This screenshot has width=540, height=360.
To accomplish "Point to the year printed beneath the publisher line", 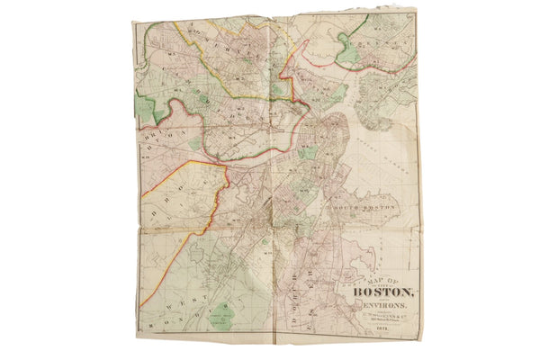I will [x=379, y=330].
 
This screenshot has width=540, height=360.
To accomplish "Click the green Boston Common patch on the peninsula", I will [x=305, y=153].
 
